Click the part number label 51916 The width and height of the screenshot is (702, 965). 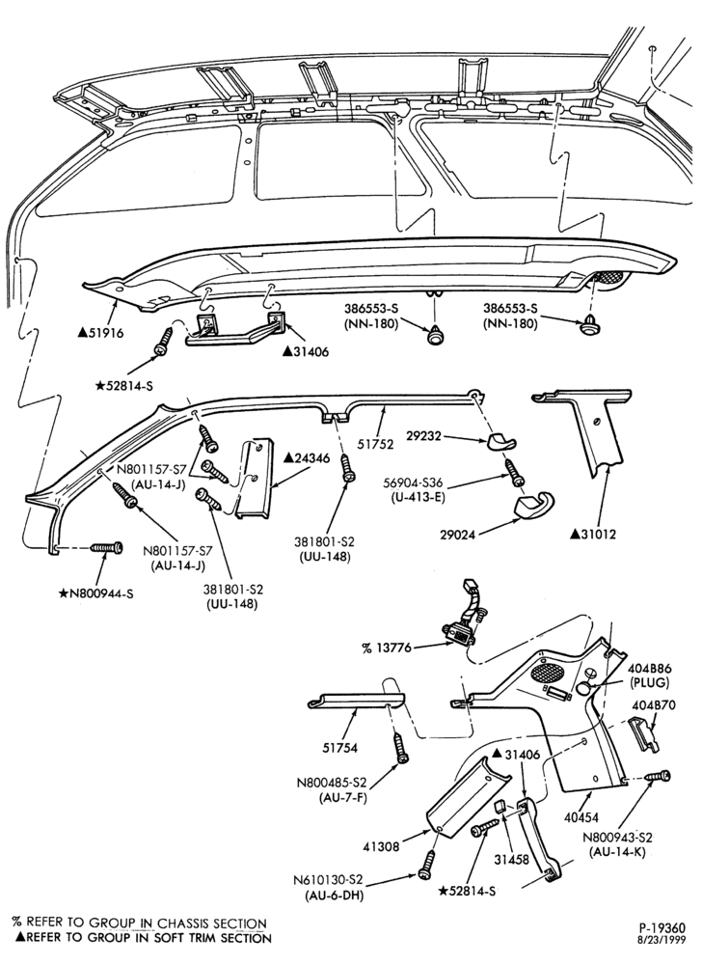(x=101, y=333)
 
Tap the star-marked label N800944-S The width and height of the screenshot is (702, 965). (x=95, y=593)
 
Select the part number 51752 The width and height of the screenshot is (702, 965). (x=374, y=444)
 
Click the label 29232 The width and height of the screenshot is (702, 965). (x=425, y=435)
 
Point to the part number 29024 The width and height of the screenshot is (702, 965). (x=456, y=536)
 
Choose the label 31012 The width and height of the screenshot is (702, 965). (x=593, y=535)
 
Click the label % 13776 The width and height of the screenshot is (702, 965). (x=388, y=648)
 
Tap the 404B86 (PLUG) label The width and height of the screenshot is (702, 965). (x=649, y=675)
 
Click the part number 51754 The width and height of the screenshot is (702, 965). (x=340, y=749)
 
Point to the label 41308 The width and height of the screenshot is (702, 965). (x=380, y=847)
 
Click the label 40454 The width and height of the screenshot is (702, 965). (x=580, y=818)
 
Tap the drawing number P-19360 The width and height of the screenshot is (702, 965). (x=661, y=927)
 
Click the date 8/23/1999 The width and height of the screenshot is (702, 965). (x=665, y=940)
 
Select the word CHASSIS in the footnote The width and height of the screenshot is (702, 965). (x=183, y=924)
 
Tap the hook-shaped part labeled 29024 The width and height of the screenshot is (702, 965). (x=533, y=504)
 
